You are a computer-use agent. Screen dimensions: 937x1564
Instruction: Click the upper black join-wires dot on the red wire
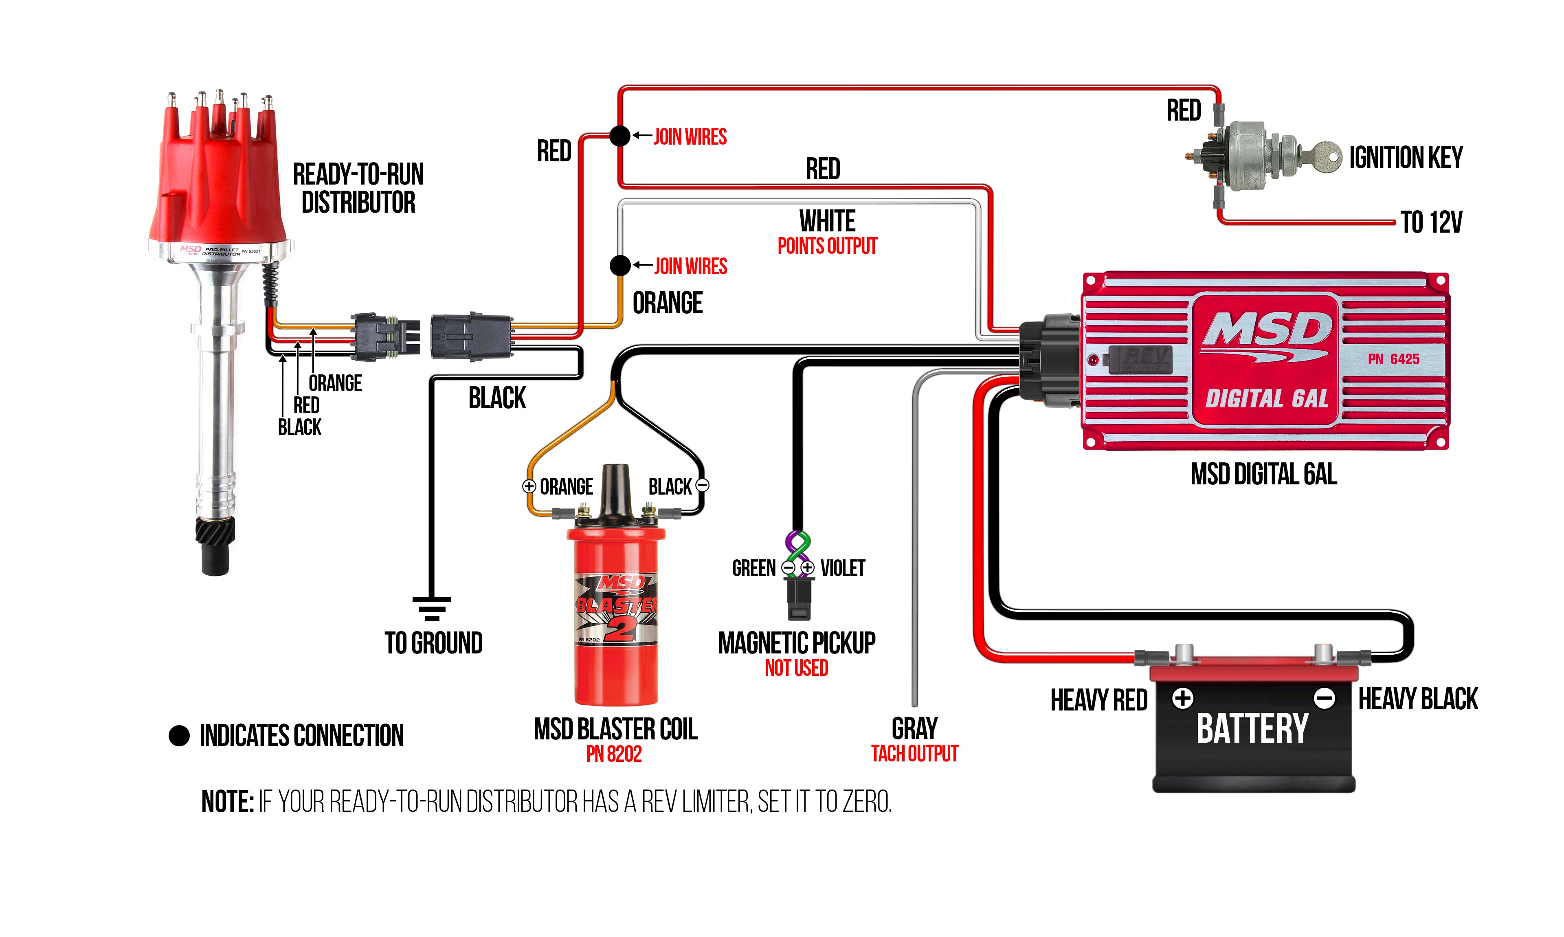coord(620,136)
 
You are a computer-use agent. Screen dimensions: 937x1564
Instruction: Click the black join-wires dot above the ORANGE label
coord(620,265)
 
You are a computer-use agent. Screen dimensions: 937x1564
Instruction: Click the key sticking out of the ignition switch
coord(1322,155)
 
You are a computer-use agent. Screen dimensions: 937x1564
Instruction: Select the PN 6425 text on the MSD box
coord(1394,359)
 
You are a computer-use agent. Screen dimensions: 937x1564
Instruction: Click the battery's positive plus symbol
coord(1183,698)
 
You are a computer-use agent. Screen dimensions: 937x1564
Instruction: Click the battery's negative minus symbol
coord(1324,698)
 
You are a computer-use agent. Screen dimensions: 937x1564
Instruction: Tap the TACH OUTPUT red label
coord(914,753)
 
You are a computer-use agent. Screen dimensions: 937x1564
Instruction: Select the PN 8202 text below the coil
coord(613,754)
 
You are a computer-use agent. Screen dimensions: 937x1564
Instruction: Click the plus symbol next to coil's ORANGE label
coord(529,486)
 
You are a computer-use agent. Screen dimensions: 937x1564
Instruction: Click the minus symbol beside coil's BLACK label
coord(702,486)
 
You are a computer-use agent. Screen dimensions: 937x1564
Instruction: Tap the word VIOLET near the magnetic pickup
coord(843,568)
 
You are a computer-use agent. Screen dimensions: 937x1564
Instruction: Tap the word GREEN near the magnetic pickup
coord(753,568)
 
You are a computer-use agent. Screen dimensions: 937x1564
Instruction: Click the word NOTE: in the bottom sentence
coord(227,802)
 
